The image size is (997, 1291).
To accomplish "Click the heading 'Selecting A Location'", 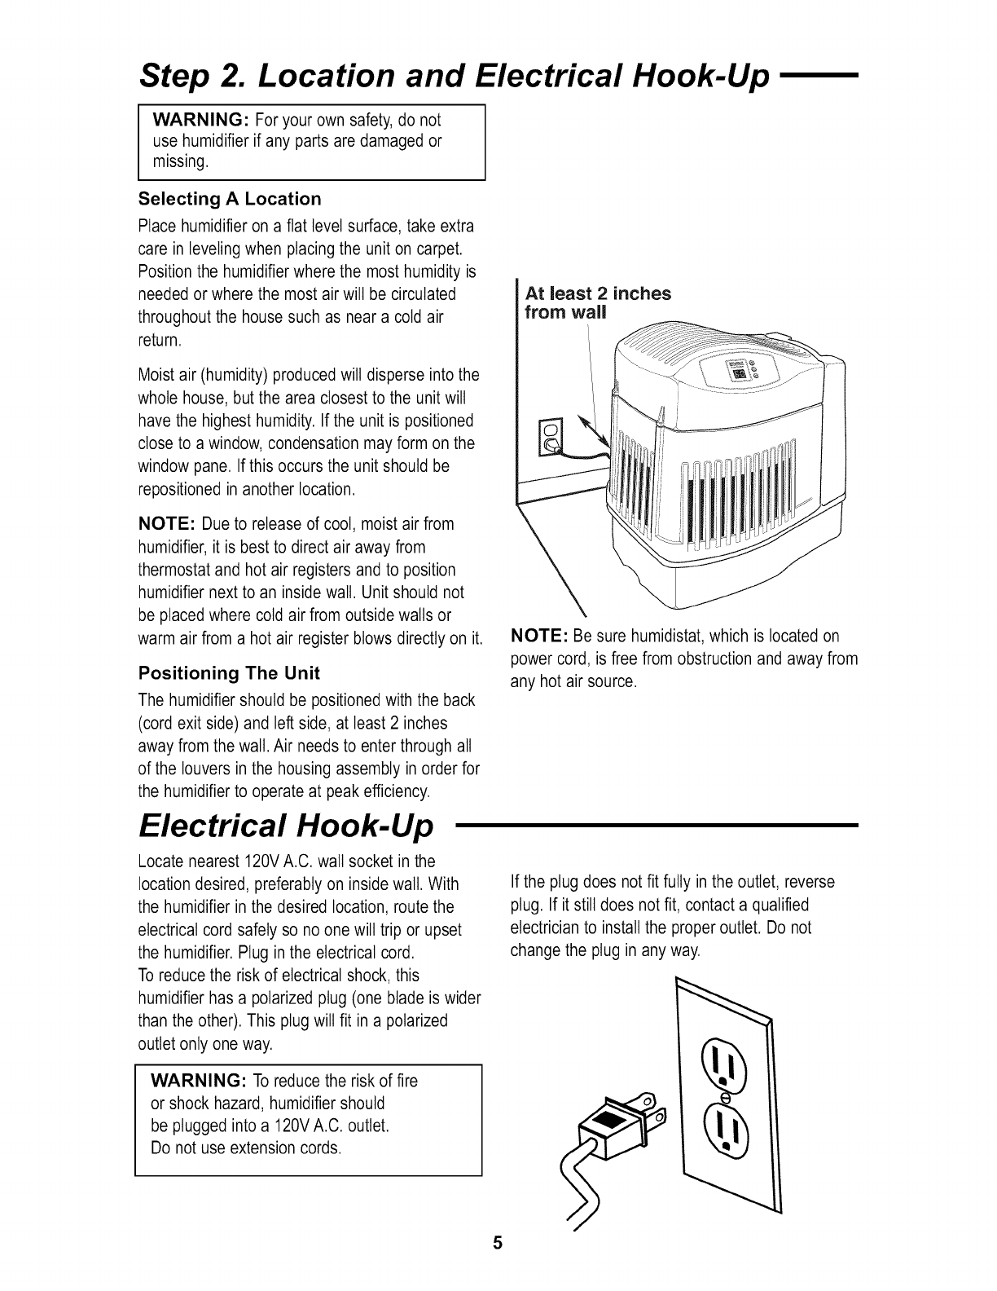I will [230, 200].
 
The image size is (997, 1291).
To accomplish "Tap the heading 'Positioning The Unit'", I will [229, 673].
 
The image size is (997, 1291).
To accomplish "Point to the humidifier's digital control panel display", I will [739, 373].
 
